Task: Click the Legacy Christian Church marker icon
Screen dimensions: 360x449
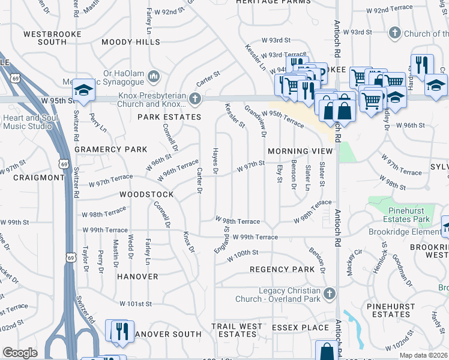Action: tap(328, 293)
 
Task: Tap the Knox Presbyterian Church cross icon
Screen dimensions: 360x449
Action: tap(194, 98)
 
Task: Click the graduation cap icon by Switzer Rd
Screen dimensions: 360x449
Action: tap(83, 91)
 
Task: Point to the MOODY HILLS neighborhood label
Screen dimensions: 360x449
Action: tap(131, 42)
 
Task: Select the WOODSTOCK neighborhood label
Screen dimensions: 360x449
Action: tap(146, 194)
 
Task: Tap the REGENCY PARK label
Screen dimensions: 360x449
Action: tap(282, 269)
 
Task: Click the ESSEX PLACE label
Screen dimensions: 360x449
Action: tap(300, 328)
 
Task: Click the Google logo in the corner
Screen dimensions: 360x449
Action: tap(20, 353)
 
